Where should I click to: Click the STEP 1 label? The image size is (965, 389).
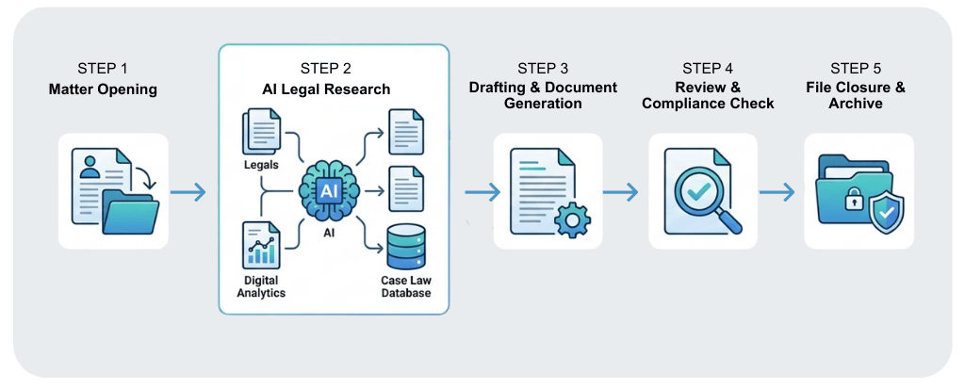pos(102,70)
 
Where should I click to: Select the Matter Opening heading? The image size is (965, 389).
pos(102,89)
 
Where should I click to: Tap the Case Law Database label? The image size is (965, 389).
pos(406,286)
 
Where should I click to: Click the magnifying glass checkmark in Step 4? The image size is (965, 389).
pos(697,191)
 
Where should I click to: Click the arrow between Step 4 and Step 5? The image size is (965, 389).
pos(777,192)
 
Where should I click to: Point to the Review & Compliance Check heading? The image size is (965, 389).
pos(708,96)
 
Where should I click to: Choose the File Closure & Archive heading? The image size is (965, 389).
pos(856,96)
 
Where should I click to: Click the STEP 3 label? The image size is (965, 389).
pos(543,70)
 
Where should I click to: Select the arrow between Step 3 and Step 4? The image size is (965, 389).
pos(621,192)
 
